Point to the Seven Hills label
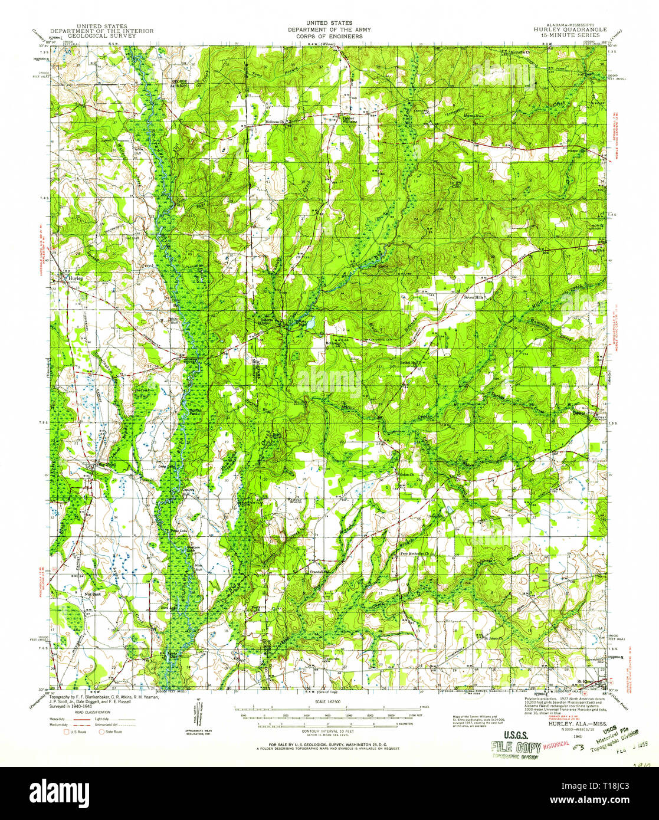tap(473, 297)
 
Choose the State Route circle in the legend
tap(101, 732)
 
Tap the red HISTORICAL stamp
tap(556, 744)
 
